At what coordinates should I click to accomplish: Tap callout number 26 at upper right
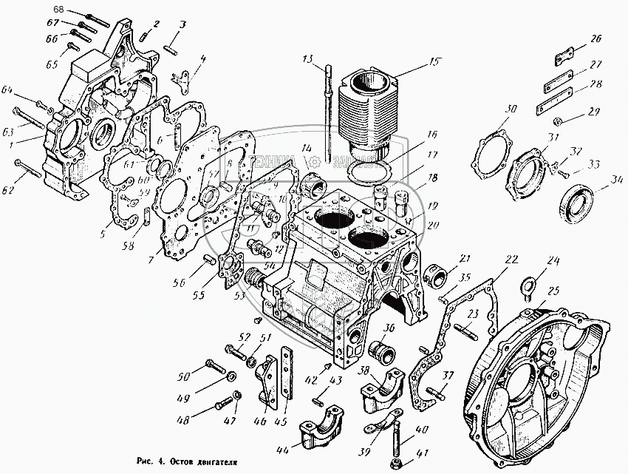[595, 38]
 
